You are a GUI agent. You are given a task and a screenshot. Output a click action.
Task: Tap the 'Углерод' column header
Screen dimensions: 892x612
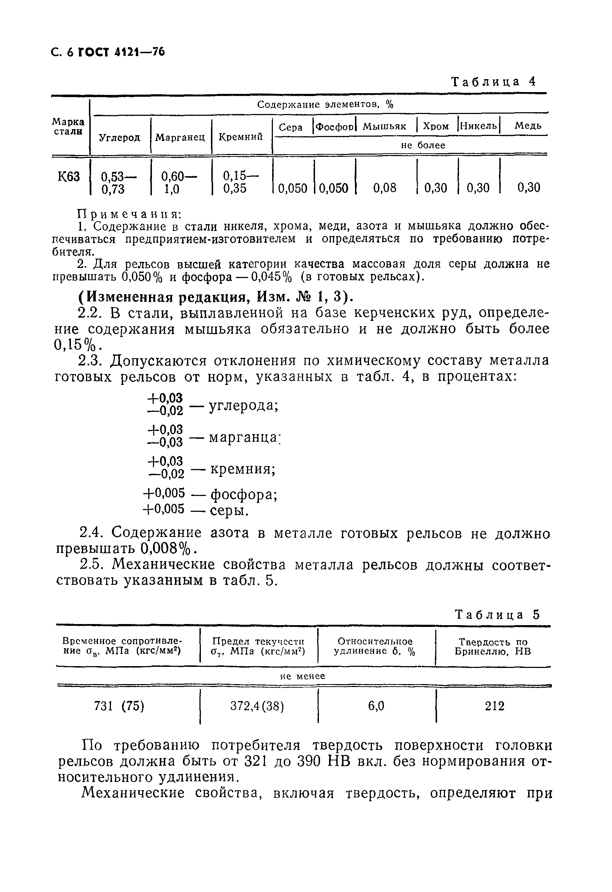[120, 137]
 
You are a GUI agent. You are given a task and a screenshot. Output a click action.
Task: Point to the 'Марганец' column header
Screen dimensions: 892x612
[180, 137]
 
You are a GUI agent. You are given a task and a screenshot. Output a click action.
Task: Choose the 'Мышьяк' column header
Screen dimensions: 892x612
[384, 126]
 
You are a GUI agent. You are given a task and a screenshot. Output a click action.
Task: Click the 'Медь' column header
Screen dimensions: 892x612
[528, 126]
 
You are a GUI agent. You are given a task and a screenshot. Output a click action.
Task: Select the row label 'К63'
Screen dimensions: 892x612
[69, 177]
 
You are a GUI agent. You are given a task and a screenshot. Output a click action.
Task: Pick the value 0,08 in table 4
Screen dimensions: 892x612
[384, 188]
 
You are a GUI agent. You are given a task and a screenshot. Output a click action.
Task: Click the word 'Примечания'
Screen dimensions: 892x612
[130, 214]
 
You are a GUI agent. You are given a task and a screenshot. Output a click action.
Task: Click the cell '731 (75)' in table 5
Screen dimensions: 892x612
[119, 706]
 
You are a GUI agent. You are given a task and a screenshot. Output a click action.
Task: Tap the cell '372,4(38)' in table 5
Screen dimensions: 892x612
[257, 706]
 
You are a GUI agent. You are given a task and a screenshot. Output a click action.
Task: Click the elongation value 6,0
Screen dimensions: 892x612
[376, 706]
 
